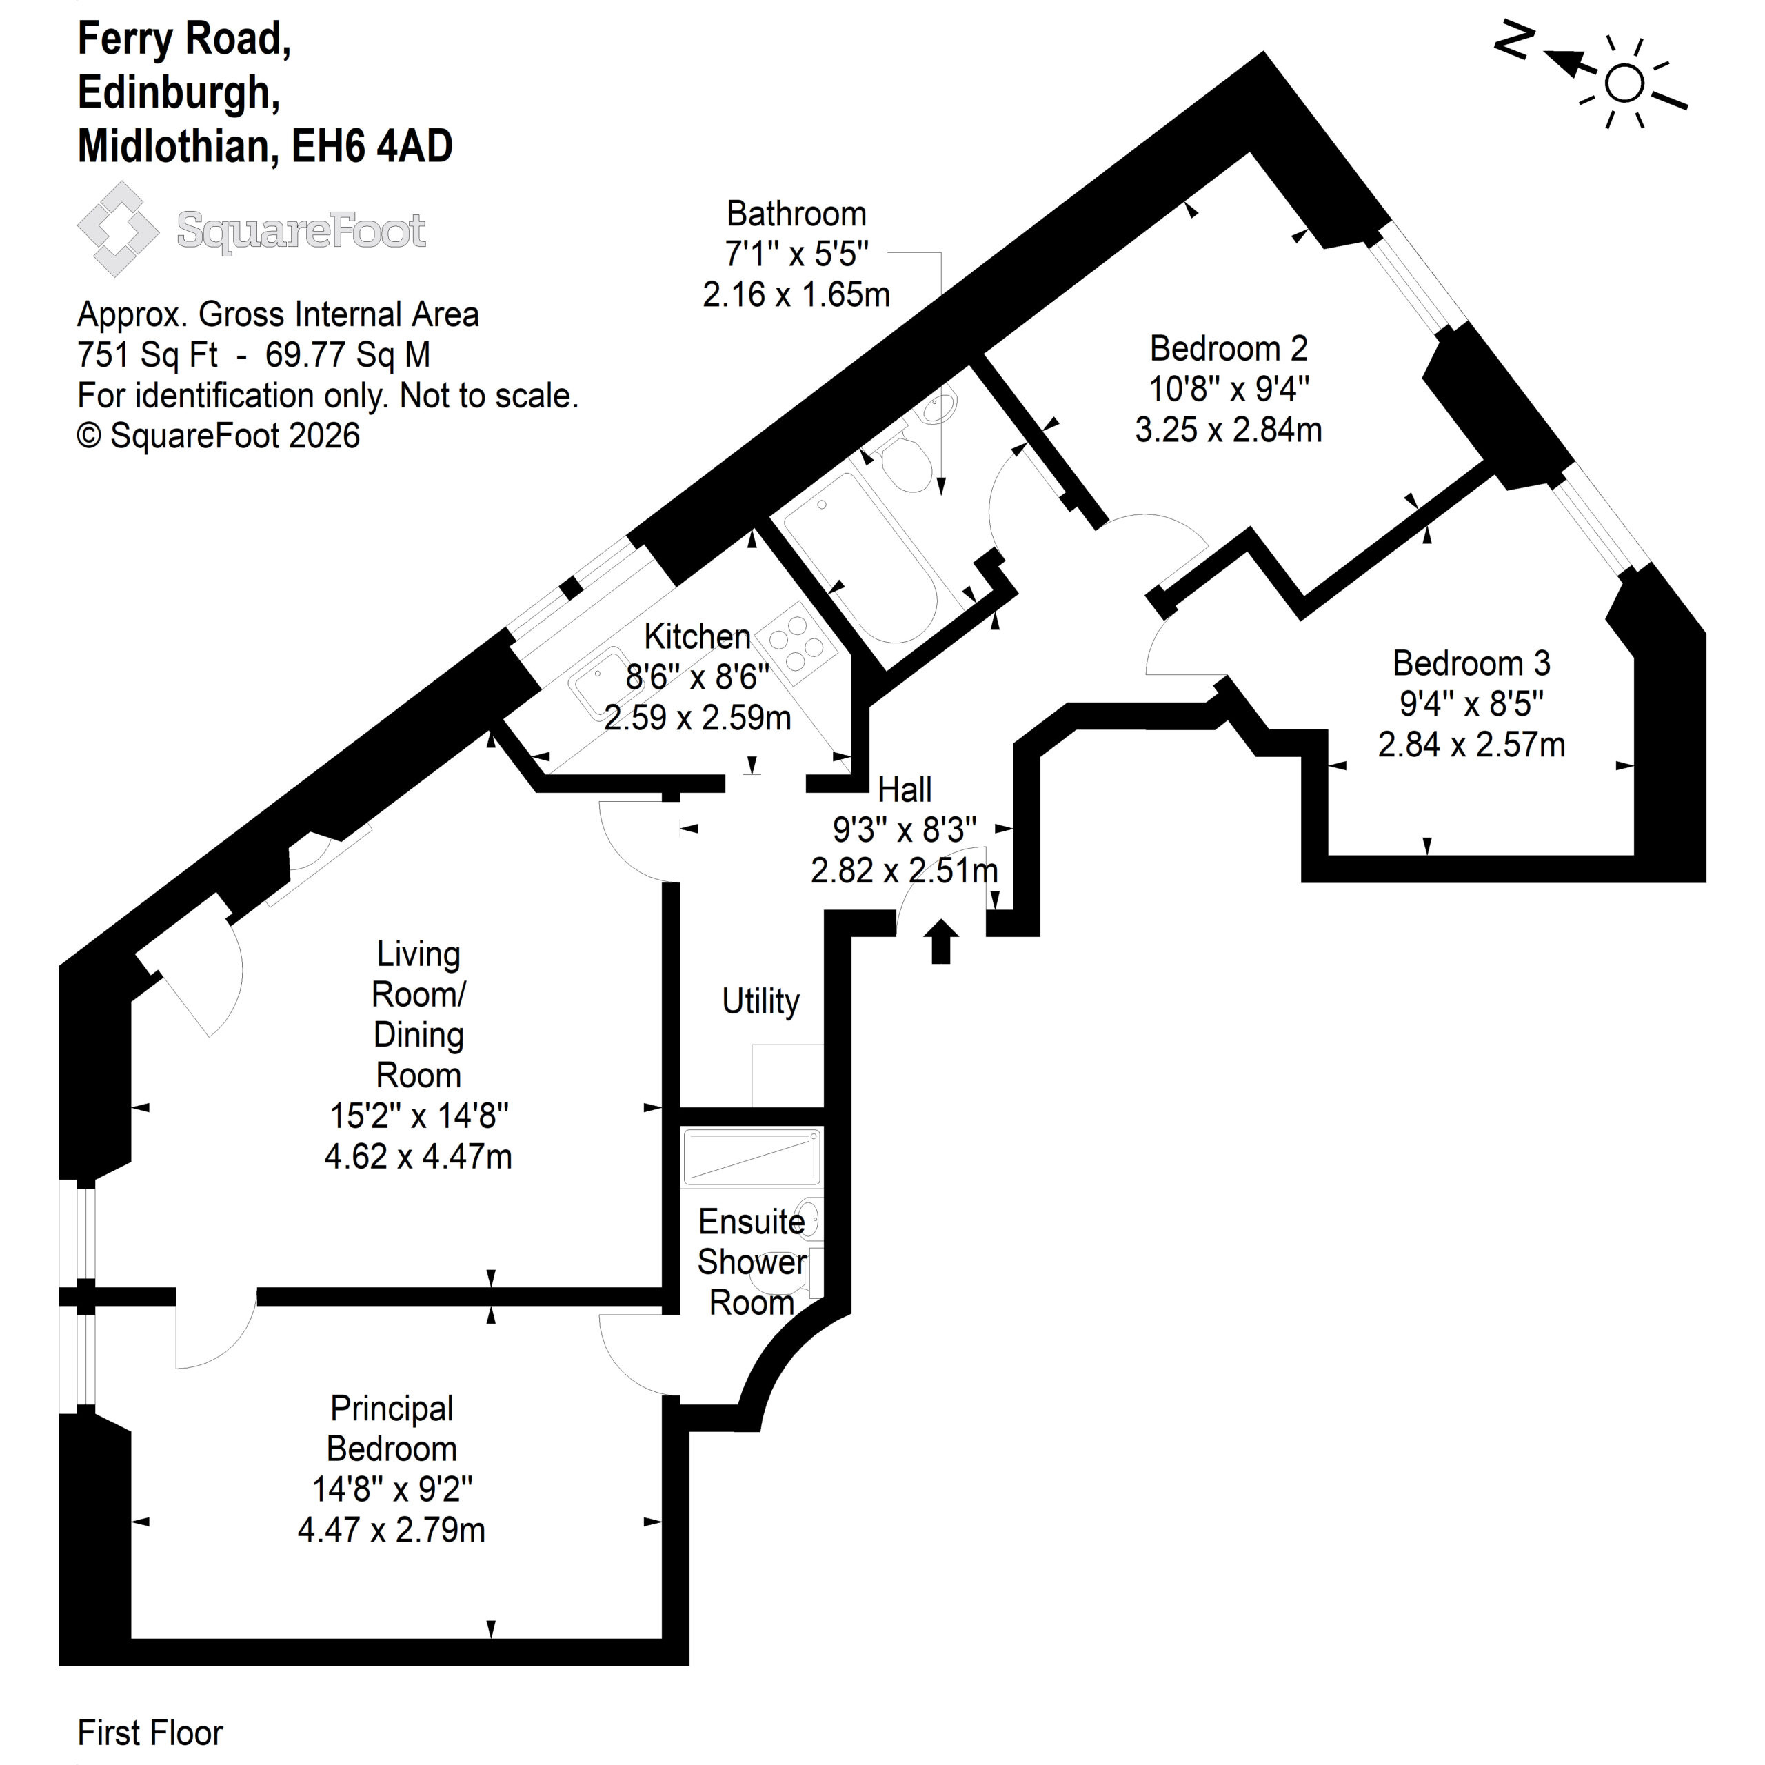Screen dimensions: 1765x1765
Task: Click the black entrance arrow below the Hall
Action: (941, 942)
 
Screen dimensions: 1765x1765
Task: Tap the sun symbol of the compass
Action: (1624, 84)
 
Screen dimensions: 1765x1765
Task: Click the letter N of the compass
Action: (1514, 41)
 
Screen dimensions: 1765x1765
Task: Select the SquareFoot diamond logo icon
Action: (119, 228)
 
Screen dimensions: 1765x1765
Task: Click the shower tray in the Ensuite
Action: (751, 1158)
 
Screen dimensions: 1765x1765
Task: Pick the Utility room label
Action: (760, 1001)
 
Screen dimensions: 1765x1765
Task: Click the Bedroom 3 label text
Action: (1471, 663)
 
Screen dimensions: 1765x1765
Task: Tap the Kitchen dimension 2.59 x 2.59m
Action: (697, 718)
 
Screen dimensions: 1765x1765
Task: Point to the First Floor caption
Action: (150, 1732)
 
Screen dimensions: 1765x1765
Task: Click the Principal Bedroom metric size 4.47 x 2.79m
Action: (391, 1529)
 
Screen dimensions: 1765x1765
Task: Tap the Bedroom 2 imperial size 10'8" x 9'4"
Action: (1229, 389)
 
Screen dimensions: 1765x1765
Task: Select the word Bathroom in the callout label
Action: (796, 214)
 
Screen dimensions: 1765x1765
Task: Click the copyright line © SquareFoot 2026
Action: (219, 436)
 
